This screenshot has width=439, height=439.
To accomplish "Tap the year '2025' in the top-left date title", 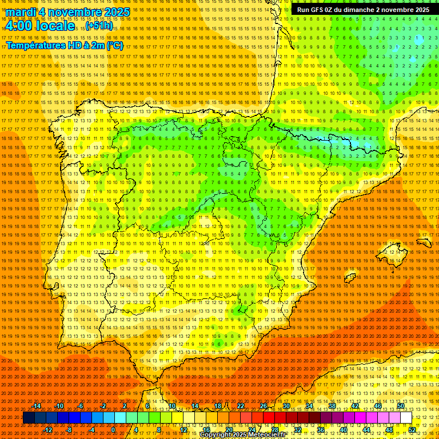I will point(114,12).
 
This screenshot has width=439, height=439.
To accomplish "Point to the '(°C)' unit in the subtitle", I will point(114,45).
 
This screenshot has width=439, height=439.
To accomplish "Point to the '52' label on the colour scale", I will point(412,430).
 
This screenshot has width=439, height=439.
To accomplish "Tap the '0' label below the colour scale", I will point(114,430).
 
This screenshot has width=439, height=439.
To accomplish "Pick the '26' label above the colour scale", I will point(264,406).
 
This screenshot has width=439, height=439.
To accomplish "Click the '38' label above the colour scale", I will point(332,406).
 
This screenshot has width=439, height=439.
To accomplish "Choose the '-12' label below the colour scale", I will point(48,430).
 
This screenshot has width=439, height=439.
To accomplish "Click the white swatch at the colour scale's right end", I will point(406,418).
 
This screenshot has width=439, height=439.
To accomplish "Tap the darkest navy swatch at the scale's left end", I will point(29,418).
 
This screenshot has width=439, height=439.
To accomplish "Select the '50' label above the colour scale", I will point(401,406).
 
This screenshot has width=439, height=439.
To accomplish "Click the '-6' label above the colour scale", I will point(81,406).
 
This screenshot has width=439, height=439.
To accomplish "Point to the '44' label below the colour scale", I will point(366,430).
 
